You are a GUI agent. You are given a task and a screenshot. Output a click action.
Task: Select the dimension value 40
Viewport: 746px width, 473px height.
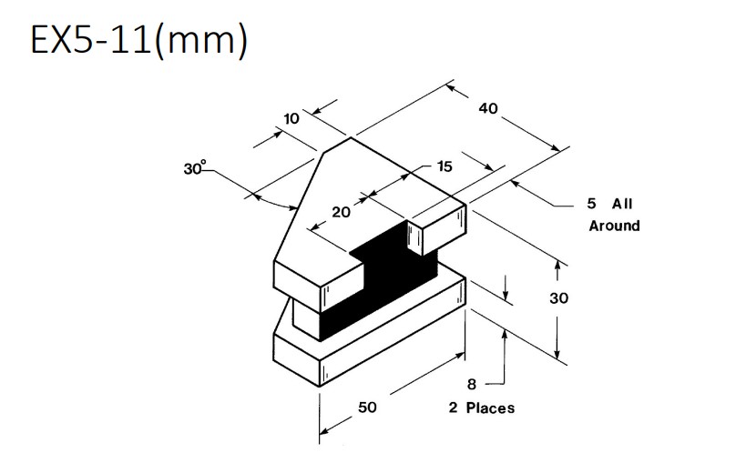(488, 108)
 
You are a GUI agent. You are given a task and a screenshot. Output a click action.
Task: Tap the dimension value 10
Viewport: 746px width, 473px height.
(291, 118)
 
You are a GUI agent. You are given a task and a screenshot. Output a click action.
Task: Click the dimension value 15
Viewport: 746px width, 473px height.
(445, 166)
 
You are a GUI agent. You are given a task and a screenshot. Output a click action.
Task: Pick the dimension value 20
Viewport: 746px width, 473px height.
(341, 212)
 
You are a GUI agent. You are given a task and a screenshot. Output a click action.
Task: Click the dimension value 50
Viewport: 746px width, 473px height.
(367, 408)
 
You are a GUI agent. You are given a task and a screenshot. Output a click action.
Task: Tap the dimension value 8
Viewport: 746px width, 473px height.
(471, 385)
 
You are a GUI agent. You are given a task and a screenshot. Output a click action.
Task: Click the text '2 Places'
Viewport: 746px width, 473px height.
(481, 408)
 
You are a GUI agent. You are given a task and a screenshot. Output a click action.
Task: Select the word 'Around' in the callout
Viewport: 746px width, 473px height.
(614, 226)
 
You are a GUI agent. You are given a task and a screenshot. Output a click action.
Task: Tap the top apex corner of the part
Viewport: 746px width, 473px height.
(350, 138)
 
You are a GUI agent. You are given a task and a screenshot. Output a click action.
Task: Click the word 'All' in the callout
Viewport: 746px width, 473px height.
(622, 204)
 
